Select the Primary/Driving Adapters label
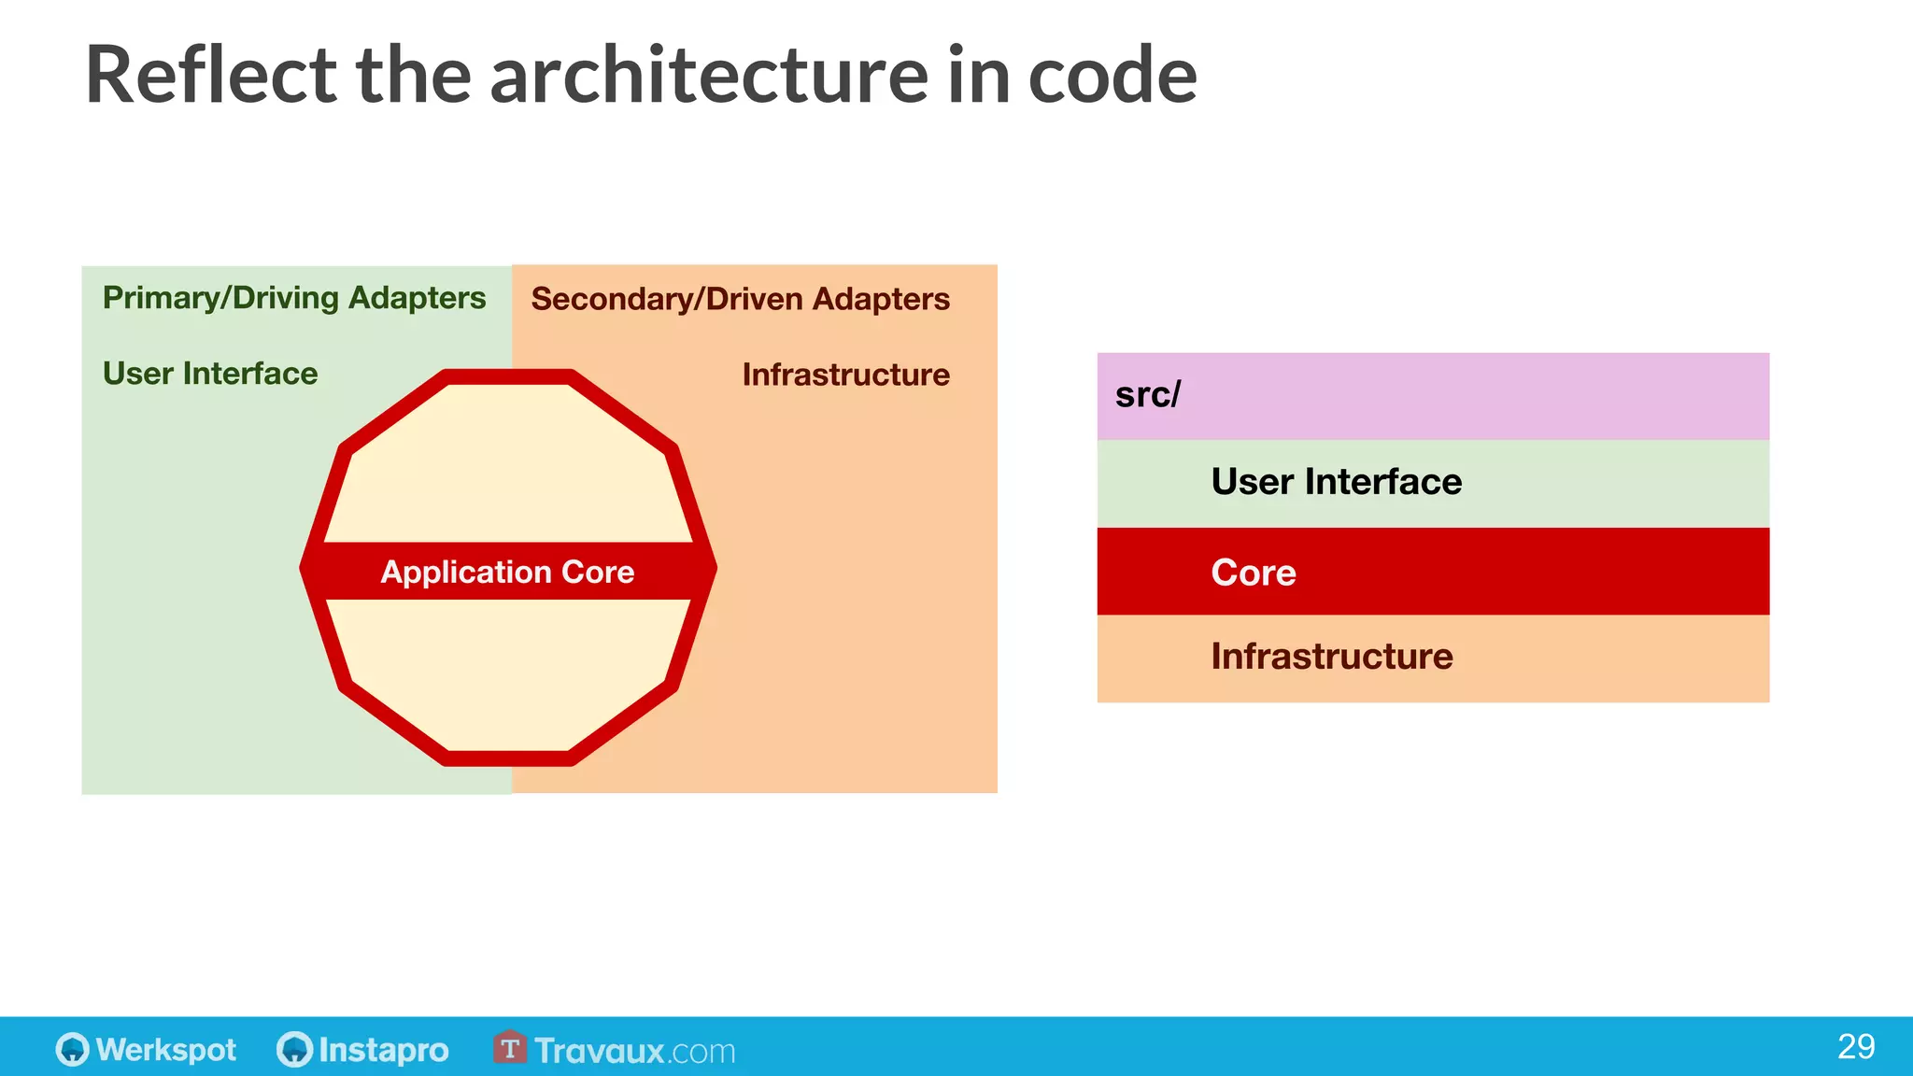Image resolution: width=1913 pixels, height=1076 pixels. (293, 298)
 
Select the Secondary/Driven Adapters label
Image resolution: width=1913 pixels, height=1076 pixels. (740, 299)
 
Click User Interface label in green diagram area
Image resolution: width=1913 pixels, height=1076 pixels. (210, 374)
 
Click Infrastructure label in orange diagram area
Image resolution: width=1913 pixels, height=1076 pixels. (845, 375)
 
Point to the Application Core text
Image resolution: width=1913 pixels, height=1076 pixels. (507, 572)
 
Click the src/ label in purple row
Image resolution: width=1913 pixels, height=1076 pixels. (1147, 395)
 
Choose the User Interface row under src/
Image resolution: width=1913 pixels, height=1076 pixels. (1336, 482)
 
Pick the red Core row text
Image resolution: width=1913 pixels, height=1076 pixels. (1253, 573)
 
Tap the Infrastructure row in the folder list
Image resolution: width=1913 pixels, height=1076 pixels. (1331, 657)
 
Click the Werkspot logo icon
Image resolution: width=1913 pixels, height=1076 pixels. (72, 1049)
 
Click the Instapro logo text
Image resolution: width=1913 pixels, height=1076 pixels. (383, 1050)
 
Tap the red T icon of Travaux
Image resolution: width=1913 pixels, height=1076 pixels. (509, 1048)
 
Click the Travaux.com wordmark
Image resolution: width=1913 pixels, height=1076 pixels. (635, 1051)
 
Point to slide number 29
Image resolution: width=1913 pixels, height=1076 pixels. (1855, 1046)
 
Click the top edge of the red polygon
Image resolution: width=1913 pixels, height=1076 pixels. (509, 377)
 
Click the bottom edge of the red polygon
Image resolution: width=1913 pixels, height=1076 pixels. (509, 757)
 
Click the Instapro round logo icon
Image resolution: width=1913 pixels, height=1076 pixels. (294, 1049)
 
